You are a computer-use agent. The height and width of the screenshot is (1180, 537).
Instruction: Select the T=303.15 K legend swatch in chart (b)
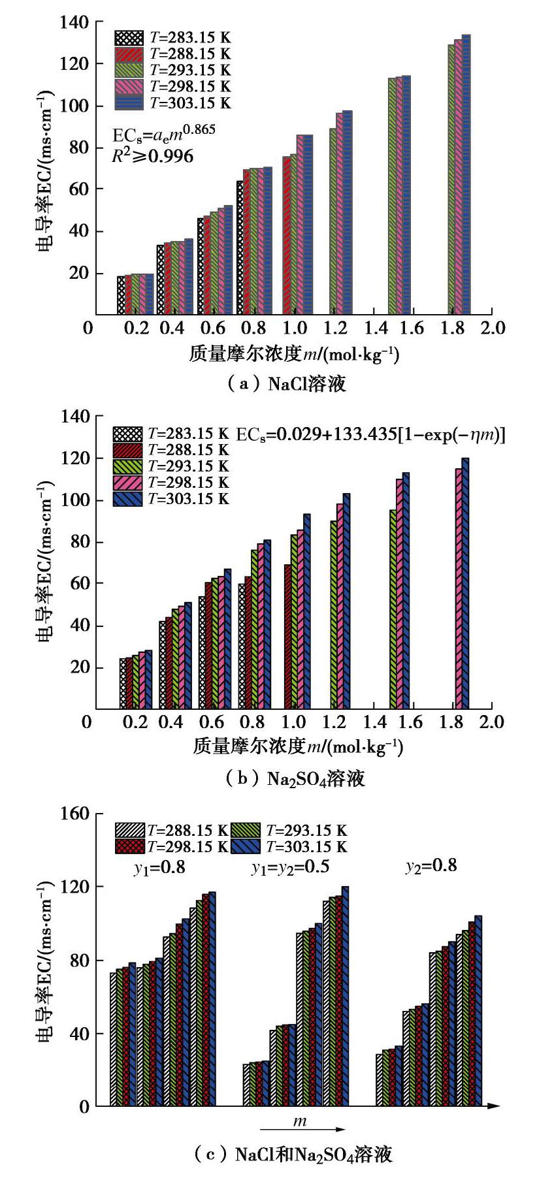pyautogui.click(x=127, y=499)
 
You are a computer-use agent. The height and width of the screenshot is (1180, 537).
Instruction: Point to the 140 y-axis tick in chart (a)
pyautogui.click(x=74, y=22)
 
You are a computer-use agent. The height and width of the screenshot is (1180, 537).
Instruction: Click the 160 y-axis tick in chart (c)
pyautogui.click(x=73, y=814)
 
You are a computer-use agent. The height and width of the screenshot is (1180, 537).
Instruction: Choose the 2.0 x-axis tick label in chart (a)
pyautogui.click(x=491, y=327)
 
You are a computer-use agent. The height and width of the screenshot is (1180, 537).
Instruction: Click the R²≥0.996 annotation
pyautogui.click(x=153, y=155)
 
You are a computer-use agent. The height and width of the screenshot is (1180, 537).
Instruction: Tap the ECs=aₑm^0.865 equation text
pyautogui.click(x=163, y=134)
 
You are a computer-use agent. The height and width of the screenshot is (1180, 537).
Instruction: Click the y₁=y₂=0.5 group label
pyautogui.click(x=290, y=867)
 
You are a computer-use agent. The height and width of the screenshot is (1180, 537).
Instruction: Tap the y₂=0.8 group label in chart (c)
pyautogui.click(x=431, y=867)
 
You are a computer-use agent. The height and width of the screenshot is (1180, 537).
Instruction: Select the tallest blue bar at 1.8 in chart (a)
pyautogui.click(x=466, y=175)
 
